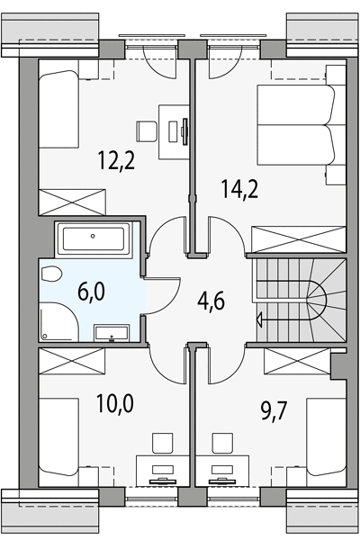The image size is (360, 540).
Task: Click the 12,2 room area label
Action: pyautogui.click(x=116, y=161)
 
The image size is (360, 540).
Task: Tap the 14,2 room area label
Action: pyautogui.click(x=239, y=189)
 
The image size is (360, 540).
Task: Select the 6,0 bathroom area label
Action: pyautogui.click(x=91, y=292)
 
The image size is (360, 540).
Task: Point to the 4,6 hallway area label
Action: pyautogui.click(x=211, y=301)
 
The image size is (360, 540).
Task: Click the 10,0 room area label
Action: pyautogui.click(x=114, y=403)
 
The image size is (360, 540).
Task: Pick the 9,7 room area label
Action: pyautogui.click(x=274, y=411)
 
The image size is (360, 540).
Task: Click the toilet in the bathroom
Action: pyautogui.click(x=51, y=274)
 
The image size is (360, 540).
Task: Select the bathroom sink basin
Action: pyautogui.click(x=112, y=332)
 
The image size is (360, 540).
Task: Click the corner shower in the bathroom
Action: pyautogui.click(x=58, y=321)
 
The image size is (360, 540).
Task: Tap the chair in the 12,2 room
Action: pyautogui.click(x=147, y=131)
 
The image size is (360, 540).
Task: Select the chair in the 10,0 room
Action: pyautogui.click(x=162, y=443)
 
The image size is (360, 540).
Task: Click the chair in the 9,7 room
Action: pyautogui.click(x=222, y=443)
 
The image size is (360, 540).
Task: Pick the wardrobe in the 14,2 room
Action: pyautogui.click(x=298, y=239)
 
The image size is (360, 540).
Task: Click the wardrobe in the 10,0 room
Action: pyautogui.click(x=72, y=361)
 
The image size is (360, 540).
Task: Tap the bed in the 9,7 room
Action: pyautogui.click(x=326, y=437)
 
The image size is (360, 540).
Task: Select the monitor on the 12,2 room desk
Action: pyautogui.click(x=185, y=130)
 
